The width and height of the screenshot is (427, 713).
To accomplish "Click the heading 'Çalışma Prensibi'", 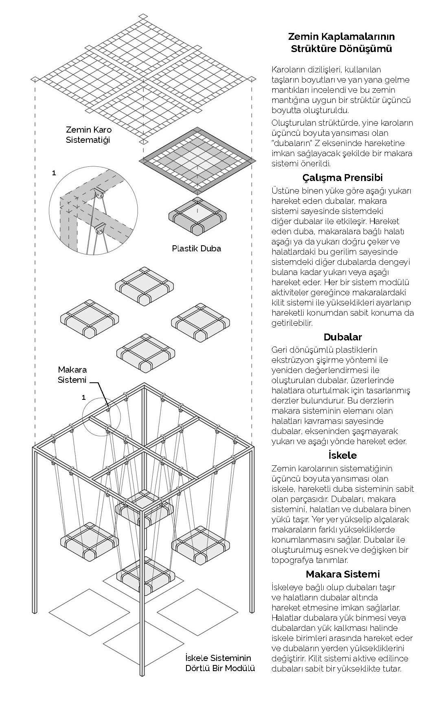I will pyautogui.click(x=342, y=178).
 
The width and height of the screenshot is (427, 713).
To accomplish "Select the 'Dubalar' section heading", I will pyautogui.click(x=342, y=337).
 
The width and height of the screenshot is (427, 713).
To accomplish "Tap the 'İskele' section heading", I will pyautogui.click(x=342, y=455).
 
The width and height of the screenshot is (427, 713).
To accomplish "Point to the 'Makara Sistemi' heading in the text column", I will pyautogui.click(x=342, y=574).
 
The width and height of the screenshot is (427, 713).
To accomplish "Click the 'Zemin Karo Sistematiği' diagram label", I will pyautogui.click(x=88, y=135).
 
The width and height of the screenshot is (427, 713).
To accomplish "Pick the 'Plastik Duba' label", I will pyautogui.click(x=196, y=248).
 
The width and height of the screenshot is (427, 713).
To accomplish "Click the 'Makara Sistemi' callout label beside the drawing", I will pyautogui.click(x=72, y=375).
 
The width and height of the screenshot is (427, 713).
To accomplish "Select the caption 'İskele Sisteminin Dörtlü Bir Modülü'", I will pyautogui.click(x=220, y=663).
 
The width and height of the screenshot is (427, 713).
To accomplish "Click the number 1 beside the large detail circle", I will pyautogui.click(x=54, y=173).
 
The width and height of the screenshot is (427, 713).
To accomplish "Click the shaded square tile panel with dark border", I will pyautogui.click(x=197, y=160).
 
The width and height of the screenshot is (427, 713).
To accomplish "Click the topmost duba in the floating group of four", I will pyautogui.click(x=145, y=286).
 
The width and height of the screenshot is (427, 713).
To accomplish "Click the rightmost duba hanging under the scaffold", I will pyautogui.click(x=200, y=545).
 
